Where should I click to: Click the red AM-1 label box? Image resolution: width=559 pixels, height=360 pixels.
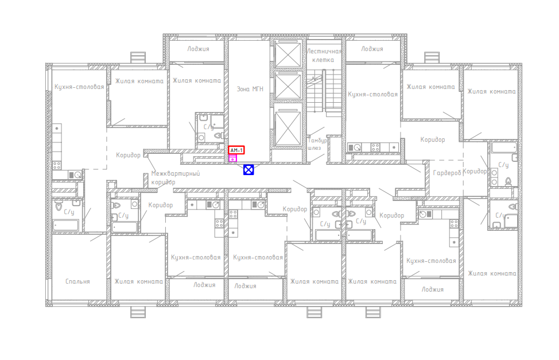point(236,150)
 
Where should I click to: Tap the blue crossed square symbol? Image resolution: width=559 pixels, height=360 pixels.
point(249,170)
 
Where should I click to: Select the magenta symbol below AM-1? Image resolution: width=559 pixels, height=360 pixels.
point(233,158)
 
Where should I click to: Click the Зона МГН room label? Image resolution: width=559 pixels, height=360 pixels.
point(250,89)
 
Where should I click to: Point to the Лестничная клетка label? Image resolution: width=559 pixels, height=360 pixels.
point(324,56)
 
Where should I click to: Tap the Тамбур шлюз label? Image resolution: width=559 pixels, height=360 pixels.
point(317,144)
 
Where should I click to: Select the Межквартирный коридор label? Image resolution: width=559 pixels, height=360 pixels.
point(176,177)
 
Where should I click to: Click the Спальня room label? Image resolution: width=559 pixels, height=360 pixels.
point(77,281)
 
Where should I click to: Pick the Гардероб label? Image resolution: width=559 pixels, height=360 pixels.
point(447,173)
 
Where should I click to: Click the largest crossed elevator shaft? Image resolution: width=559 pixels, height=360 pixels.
point(288,127)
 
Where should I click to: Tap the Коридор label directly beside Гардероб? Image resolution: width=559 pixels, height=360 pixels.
point(475,171)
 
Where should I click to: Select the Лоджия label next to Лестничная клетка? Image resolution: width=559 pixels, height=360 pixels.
point(372,49)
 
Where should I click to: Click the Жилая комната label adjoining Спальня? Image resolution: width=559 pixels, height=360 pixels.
point(138,281)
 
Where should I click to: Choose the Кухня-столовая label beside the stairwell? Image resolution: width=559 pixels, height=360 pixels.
point(372,95)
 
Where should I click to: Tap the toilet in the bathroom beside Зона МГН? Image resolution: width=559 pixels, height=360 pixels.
point(219,136)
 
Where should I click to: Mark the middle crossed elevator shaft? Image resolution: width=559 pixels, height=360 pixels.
point(288,86)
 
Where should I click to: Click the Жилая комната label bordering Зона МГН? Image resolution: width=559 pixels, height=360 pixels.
point(197,80)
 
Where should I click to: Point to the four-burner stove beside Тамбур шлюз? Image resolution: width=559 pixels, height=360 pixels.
point(375,147)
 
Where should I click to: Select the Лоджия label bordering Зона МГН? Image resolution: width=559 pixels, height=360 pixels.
point(198,49)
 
